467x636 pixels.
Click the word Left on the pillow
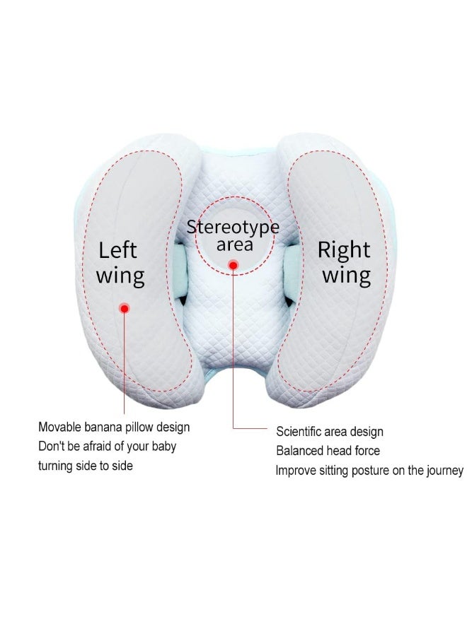point(117,250)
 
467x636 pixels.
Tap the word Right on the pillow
point(344,250)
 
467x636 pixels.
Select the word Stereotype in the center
point(233,227)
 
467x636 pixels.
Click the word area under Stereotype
point(235,245)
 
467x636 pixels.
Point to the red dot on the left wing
point(125,309)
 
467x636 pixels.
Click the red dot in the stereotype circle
point(233,266)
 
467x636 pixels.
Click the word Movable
point(59,427)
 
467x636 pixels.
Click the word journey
point(444,471)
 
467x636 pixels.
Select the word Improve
point(296,471)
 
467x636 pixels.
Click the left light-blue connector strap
point(180,270)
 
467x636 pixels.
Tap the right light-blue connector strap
point(292,271)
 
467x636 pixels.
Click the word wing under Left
point(120,276)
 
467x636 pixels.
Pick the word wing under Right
point(347,276)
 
